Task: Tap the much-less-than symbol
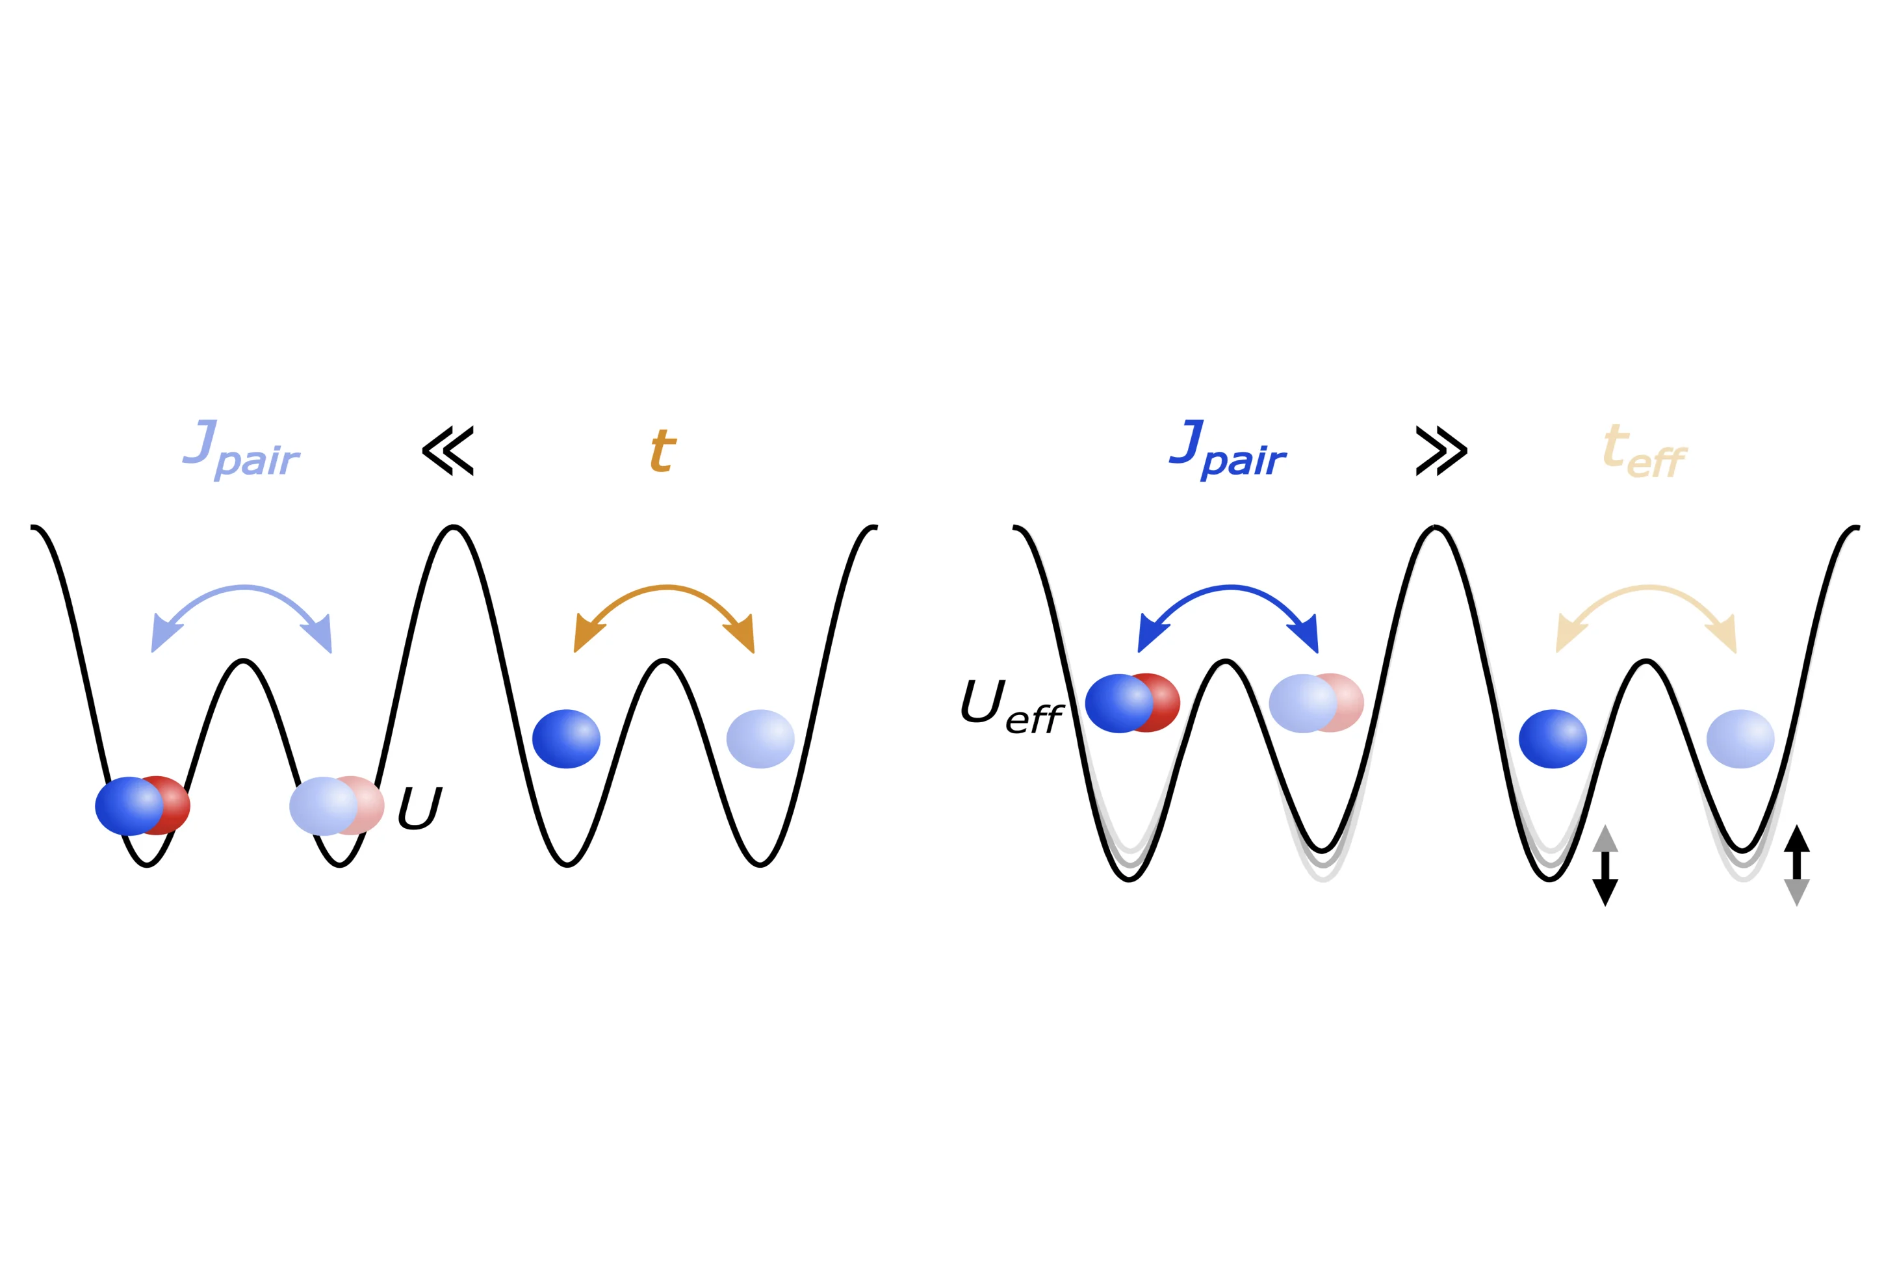[448, 451]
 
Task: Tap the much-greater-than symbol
[1441, 451]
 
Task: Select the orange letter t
[663, 450]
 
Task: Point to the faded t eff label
[1644, 451]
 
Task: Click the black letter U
[420, 807]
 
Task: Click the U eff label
[1012, 707]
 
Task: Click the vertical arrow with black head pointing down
[1605, 866]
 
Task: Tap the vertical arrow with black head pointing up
[1797, 866]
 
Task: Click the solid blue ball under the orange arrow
[566, 738]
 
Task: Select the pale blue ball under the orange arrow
[760, 738]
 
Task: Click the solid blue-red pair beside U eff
[1133, 703]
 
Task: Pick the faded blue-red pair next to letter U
[337, 805]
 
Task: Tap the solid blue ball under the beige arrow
[1553, 738]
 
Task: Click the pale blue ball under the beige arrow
[1740, 738]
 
